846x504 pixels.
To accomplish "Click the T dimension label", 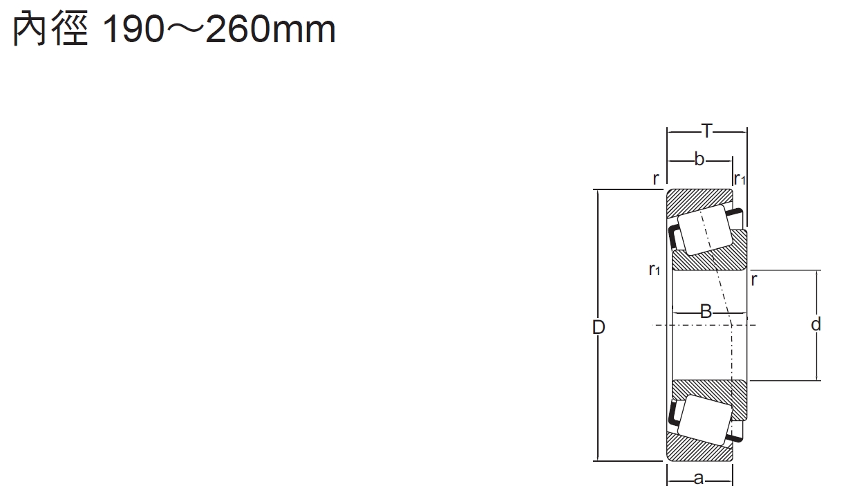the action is coord(706,131).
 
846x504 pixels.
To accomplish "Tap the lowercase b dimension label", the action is coord(699,160).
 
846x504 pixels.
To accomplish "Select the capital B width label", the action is coord(706,312).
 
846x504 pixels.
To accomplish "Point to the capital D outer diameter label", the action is coord(599,327).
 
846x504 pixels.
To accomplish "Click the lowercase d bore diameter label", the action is coord(816,324).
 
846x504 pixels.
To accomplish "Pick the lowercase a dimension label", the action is coord(699,478).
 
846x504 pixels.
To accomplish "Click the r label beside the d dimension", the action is coord(754,280).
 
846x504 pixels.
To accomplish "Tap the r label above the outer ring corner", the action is coord(656,178).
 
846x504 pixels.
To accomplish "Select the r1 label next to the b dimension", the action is coord(740,178).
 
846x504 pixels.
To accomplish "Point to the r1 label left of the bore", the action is coord(655,270).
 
